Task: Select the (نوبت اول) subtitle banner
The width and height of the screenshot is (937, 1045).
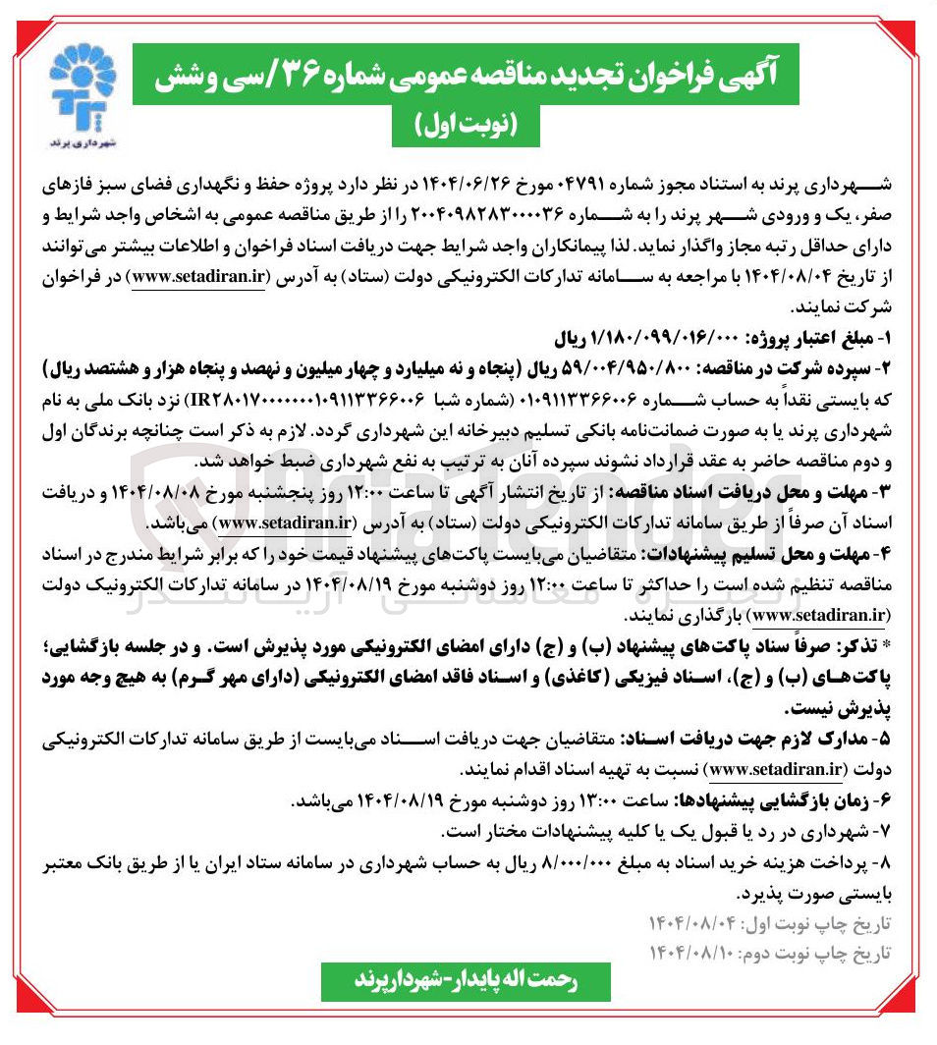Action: tap(467, 126)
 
